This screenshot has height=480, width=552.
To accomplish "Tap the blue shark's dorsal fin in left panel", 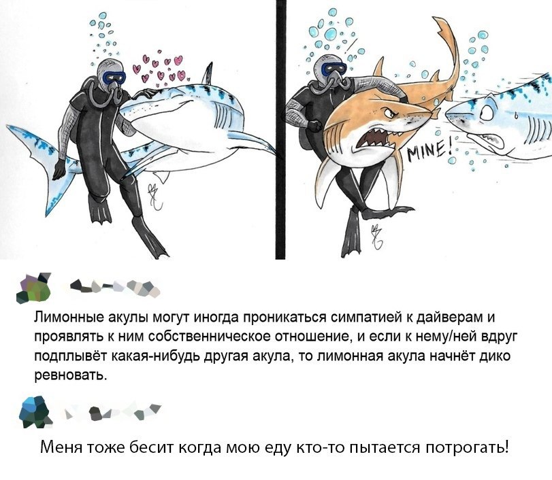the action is click(208, 74).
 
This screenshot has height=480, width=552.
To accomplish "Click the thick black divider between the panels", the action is click(280, 129).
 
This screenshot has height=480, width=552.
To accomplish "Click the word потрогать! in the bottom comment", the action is click(468, 447).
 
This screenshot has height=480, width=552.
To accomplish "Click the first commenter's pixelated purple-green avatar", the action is click(33, 288).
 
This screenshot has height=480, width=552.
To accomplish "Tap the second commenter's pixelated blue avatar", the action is click(35, 413).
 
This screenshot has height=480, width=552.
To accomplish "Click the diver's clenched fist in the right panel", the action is click(314, 125).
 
